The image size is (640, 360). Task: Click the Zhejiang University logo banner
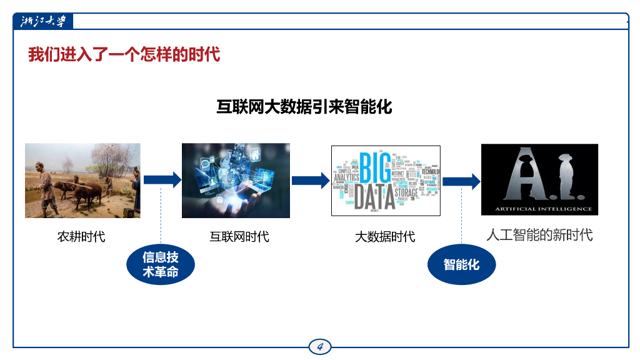(x=43, y=21)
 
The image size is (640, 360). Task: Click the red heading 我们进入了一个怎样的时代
(x=124, y=54)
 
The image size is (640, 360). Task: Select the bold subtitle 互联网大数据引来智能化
(x=304, y=106)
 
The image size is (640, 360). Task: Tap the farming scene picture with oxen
(x=82, y=181)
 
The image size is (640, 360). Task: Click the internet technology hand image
(x=236, y=181)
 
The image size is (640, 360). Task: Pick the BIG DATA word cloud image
(x=386, y=181)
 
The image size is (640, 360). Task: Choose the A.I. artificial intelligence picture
(x=539, y=179)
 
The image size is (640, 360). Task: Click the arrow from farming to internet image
(x=162, y=180)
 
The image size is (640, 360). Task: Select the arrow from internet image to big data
(x=310, y=181)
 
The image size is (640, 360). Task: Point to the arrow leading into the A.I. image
(x=461, y=181)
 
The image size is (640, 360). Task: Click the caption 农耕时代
(x=81, y=237)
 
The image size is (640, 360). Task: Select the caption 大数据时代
(x=385, y=237)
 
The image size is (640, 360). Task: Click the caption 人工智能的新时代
(x=539, y=236)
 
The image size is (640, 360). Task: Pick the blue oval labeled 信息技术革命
(x=161, y=265)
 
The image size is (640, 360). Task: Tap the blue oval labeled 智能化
(x=461, y=264)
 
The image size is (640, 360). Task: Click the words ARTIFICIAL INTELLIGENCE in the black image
(x=539, y=208)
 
